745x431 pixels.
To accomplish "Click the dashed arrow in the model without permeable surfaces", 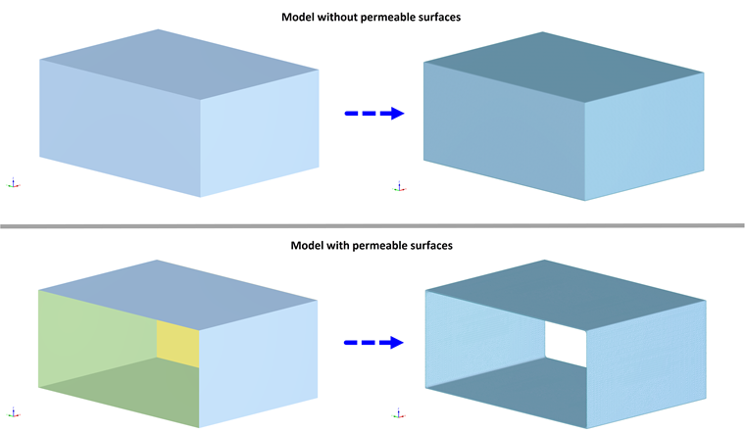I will pyautogui.click(x=373, y=114).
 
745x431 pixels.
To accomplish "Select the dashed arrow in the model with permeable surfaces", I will pyautogui.click(x=373, y=343).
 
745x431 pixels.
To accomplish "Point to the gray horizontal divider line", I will pyautogui.click(x=372, y=226).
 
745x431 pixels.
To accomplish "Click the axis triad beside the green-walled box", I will pyautogui.click(x=13, y=412).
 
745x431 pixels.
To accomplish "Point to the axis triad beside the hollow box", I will pyautogui.click(x=397, y=412).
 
